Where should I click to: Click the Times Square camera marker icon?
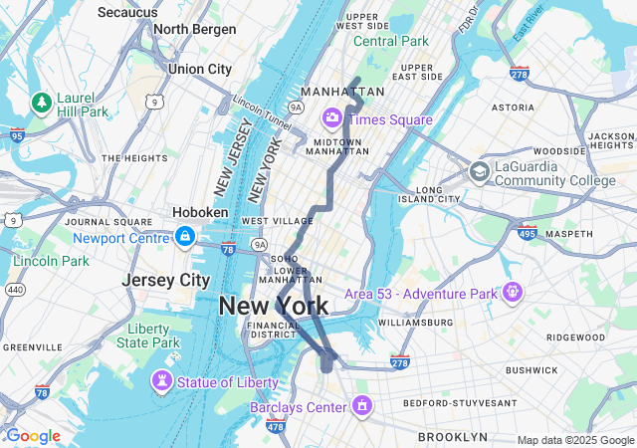(x=331, y=119)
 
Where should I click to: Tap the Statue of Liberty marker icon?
(x=161, y=381)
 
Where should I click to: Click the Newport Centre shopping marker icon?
(x=184, y=237)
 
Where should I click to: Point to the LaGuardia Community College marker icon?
(x=480, y=171)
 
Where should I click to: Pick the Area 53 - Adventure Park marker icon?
(x=514, y=294)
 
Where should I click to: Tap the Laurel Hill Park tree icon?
(x=42, y=102)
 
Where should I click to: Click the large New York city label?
(x=273, y=307)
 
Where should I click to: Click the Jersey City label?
(x=166, y=281)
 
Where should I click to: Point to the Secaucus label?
(x=127, y=12)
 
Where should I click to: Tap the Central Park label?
(x=391, y=41)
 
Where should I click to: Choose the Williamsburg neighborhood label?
(x=416, y=323)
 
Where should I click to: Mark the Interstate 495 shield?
(x=527, y=234)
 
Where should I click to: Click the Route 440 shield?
(x=15, y=289)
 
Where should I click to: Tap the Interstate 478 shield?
(x=276, y=427)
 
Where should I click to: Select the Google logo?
(x=33, y=436)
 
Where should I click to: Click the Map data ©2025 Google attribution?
(x=574, y=440)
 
